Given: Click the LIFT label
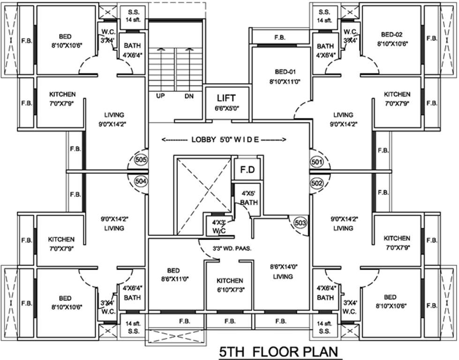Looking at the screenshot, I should [226, 98].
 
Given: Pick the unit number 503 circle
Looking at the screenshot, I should [300, 223].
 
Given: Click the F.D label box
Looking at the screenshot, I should [247, 170].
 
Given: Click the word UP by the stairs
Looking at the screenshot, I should [160, 95].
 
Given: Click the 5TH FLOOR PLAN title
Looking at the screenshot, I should [278, 352].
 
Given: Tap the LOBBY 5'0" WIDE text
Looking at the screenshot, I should [224, 140].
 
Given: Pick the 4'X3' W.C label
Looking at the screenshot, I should [217, 226].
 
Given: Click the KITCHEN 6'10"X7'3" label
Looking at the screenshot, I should [229, 285].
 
